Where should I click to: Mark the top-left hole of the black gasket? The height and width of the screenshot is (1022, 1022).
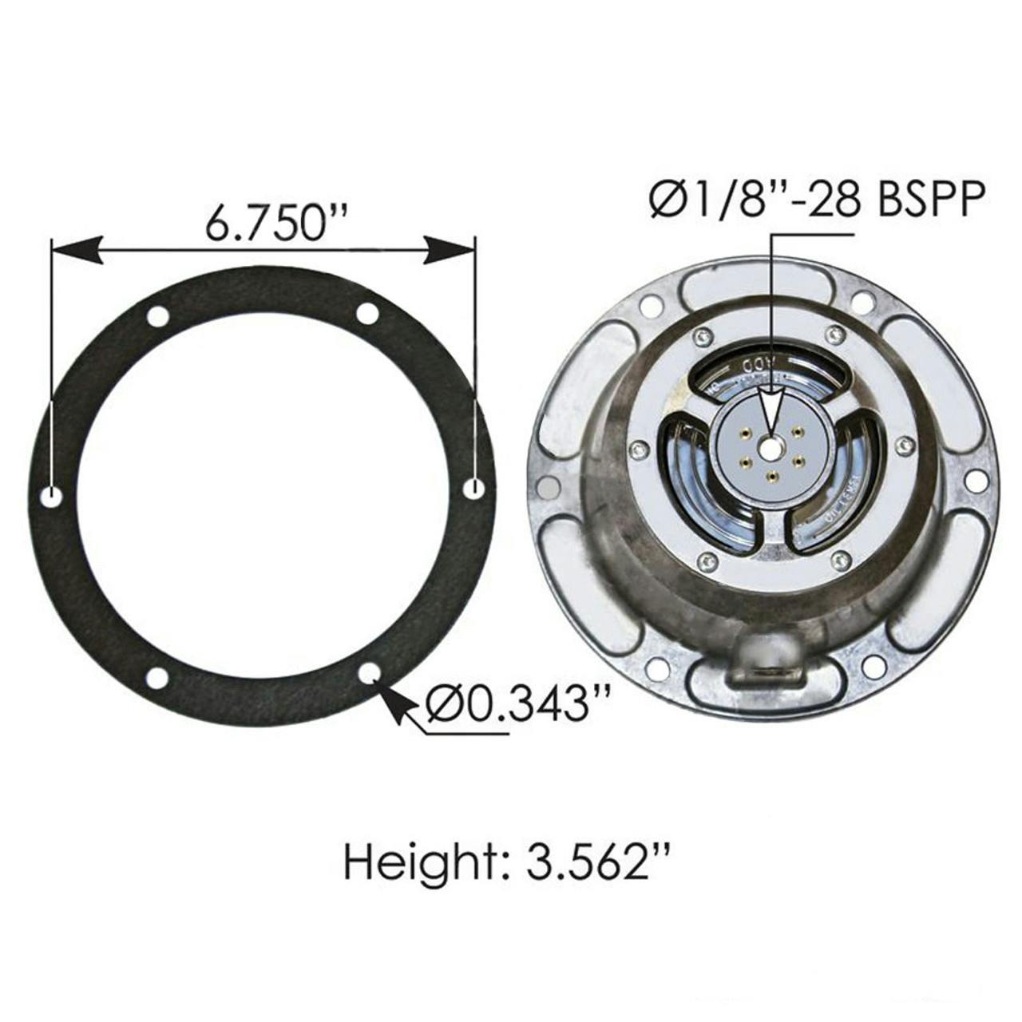[158, 315]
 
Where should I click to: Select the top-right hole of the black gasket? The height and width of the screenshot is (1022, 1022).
[367, 314]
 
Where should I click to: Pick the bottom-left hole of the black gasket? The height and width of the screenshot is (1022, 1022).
[157, 679]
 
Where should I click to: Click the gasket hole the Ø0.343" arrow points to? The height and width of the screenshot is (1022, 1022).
[368, 673]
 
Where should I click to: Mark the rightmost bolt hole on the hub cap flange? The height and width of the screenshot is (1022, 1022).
[975, 480]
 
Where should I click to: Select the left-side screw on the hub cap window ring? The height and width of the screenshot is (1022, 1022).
[636, 450]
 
